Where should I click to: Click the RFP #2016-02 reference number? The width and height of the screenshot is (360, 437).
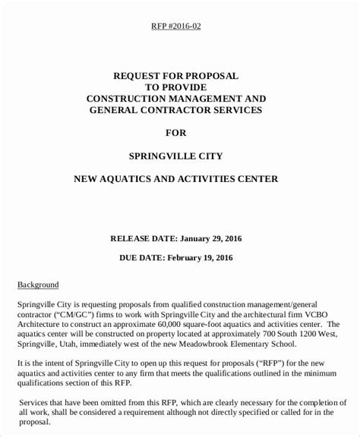[175, 27]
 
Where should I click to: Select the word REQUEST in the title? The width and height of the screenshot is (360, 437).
[139, 77]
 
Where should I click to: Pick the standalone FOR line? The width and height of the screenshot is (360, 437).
[175, 134]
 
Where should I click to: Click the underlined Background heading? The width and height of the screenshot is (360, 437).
[38, 285]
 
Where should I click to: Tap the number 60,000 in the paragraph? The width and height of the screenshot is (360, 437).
[182, 322]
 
